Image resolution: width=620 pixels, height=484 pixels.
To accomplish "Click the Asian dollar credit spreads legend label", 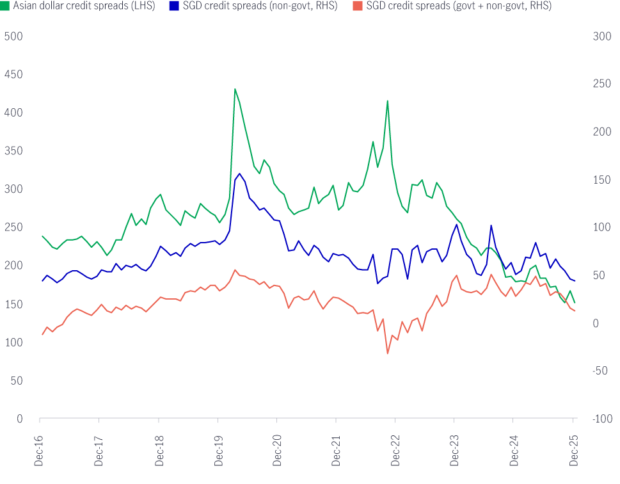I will (x=83, y=6).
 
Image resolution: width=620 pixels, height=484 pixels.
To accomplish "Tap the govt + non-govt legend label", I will (x=459, y=6).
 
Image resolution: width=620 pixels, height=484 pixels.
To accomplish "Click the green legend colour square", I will (x=4, y=6).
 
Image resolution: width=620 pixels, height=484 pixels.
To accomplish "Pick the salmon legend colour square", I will (x=359, y=6).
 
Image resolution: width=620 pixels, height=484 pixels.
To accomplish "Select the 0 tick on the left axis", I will (x=19, y=419).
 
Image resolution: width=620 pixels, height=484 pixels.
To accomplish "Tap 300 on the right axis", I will (x=601, y=36).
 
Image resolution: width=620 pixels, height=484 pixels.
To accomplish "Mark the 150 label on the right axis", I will (x=601, y=180).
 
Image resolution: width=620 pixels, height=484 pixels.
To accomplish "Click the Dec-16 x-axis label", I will (x=40, y=446).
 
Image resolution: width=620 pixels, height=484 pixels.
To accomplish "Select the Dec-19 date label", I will (x=218, y=446).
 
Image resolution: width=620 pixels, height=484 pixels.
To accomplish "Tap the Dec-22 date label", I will (x=395, y=446).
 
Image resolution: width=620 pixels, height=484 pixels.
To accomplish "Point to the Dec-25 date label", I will (x=573, y=446).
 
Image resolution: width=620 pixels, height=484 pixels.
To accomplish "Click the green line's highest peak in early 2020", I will (x=235, y=88).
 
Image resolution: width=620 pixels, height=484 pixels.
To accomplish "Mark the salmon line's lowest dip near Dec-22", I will (x=388, y=353).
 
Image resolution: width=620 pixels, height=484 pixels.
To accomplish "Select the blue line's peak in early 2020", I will (x=240, y=173).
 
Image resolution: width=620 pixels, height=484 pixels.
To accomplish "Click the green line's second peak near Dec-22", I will (x=388, y=101).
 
